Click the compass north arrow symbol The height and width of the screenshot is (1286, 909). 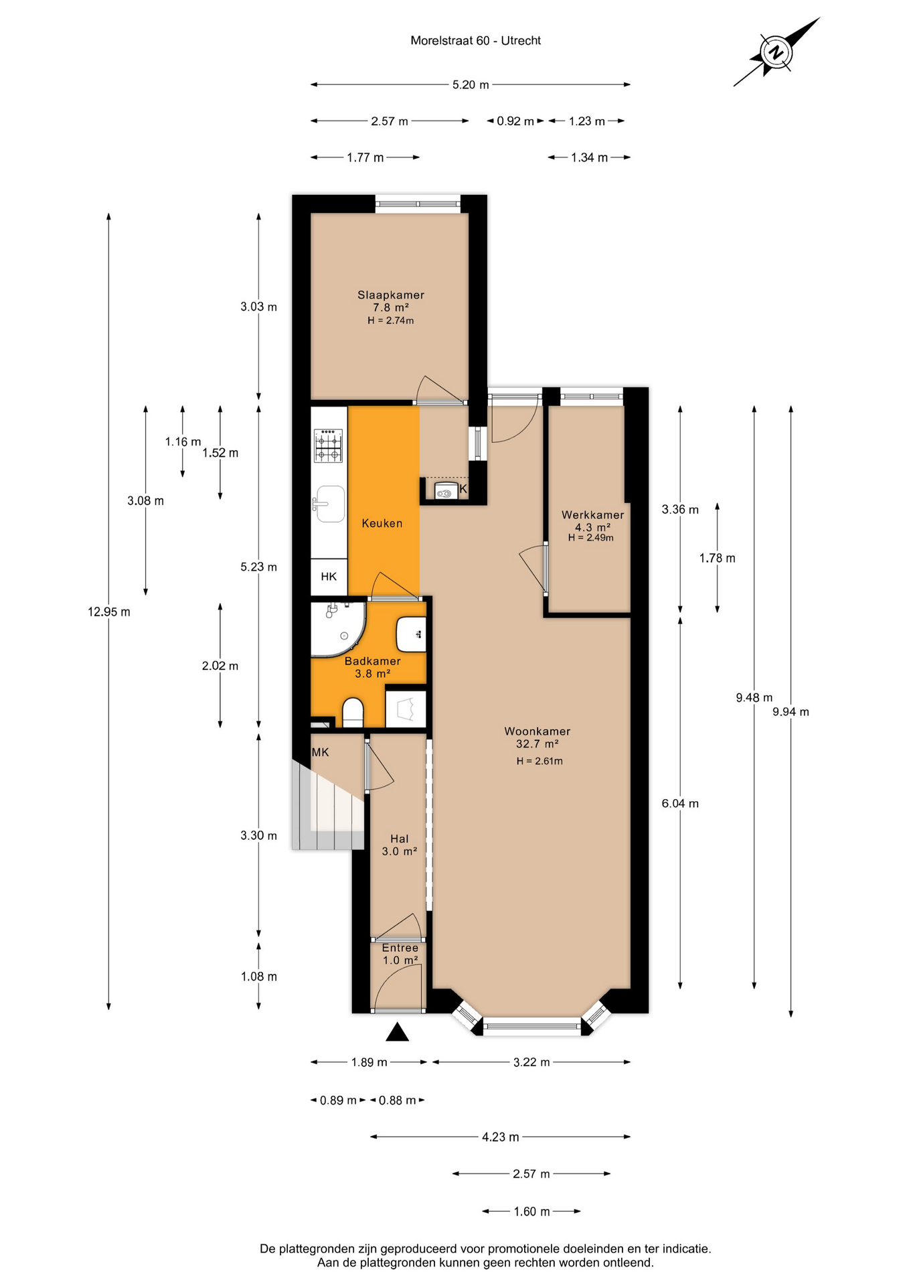coord(776,52)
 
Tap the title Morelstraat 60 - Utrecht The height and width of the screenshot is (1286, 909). coord(475,40)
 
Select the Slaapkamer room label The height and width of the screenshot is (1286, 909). coord(391,295)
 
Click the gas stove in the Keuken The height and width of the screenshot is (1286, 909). coord(329,445)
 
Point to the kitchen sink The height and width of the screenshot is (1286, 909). coord(329,504)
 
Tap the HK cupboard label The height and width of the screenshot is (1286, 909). coord(329,577)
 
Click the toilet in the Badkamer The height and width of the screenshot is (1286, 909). coord(353,713)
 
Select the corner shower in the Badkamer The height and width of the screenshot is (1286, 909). coord(337,629)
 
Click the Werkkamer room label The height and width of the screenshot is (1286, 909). coord(592,514)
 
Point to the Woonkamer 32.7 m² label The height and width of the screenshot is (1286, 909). coord(538,737)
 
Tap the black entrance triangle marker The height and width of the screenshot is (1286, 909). coord(398,1031)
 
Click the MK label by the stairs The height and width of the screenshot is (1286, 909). coord(321,752)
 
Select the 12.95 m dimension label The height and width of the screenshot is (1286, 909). coord(109,612)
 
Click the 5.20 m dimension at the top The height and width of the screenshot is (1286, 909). coord(471,84)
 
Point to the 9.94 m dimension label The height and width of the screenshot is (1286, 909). coord(791,712)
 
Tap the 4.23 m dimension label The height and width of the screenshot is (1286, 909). coord(501,1137)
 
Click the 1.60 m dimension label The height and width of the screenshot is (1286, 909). coord(531,1212)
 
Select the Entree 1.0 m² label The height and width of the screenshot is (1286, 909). coord(400,954)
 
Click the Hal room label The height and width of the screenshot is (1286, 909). coord(400,839)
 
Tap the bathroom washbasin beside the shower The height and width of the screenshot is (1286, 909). coord(411,634)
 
